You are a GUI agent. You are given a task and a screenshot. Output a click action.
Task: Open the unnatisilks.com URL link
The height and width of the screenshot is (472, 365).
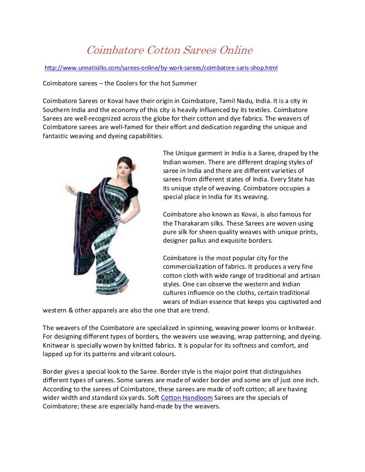click(161, 68)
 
